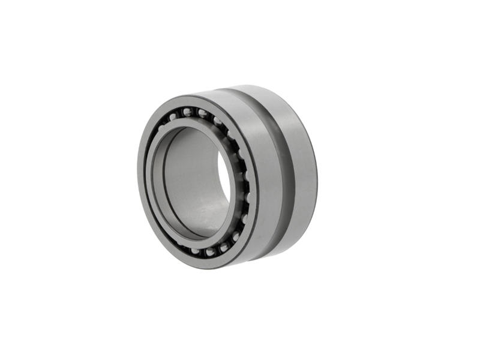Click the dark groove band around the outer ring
(x=287, y=174)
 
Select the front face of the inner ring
(x=157, y=180)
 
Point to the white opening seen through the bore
(x=223, y=180)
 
